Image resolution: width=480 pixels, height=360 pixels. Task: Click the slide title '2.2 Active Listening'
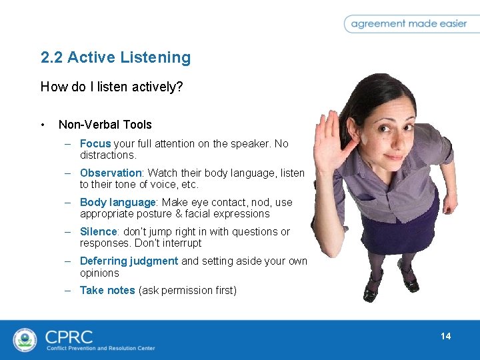coord(115,58)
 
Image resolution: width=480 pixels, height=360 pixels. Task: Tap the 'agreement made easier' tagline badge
coord(409,23)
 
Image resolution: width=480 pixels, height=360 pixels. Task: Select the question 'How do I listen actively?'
coord(111,87)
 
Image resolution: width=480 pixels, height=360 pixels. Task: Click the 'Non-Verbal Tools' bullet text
coord(105,125)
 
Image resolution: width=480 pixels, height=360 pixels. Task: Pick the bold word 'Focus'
coord(95,143)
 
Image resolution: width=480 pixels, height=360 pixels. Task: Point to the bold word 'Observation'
coord(110,173)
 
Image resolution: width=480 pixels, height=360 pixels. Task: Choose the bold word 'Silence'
coord(98,231)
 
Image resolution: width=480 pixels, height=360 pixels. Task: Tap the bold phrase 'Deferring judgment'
coord(129,261)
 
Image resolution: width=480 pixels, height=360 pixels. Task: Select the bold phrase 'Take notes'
coord(107,290)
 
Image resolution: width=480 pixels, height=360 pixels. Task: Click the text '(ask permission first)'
coord(187,290)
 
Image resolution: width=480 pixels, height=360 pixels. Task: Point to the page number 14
coord(445,336)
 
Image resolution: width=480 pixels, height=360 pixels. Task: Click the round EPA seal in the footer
coord(25,340)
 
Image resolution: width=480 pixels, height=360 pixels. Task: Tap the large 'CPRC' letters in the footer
coord(69,335)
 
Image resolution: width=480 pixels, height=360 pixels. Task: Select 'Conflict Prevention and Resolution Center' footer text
coord(100,348)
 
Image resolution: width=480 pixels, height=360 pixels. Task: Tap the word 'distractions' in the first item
coord(107,155)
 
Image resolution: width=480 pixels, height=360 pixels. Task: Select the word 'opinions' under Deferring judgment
coord(99,273)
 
